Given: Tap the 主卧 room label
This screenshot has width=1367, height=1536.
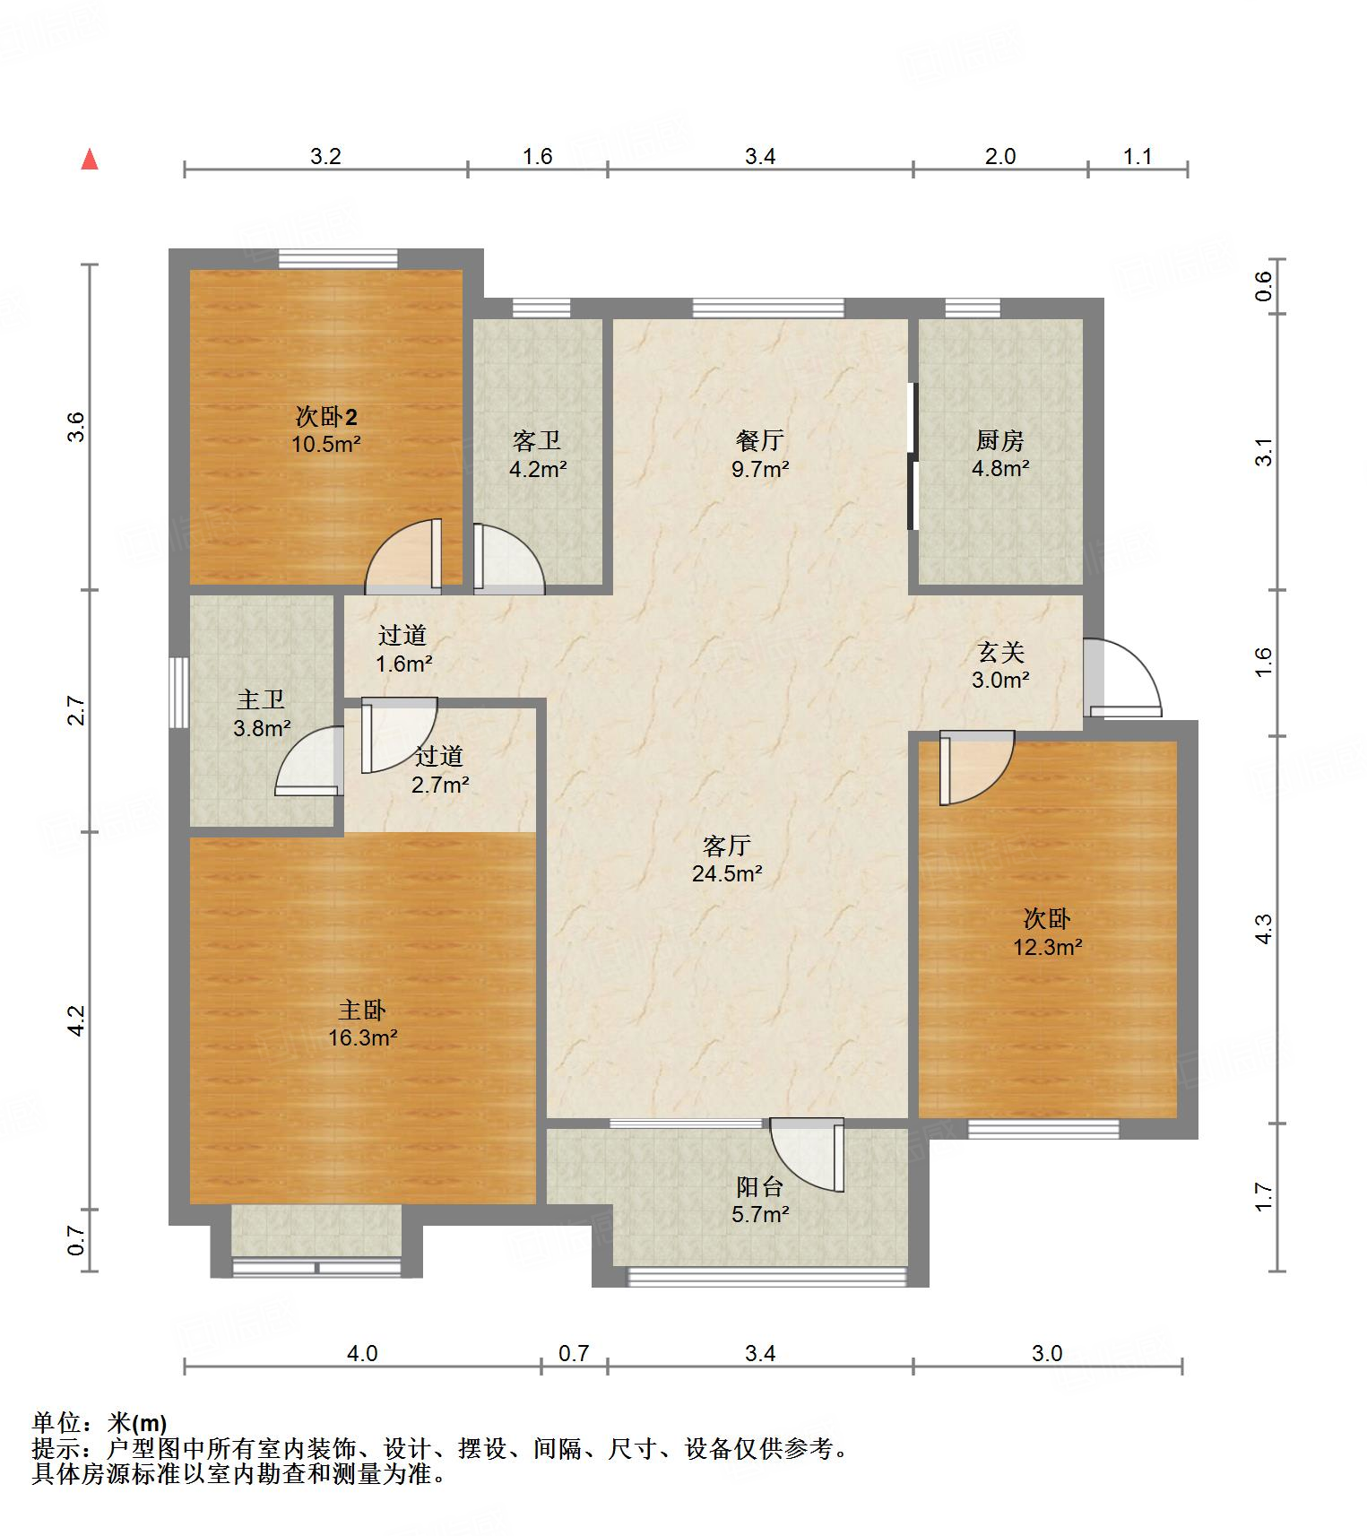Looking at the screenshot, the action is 361,1010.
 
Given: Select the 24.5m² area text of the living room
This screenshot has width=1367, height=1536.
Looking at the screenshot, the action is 727,872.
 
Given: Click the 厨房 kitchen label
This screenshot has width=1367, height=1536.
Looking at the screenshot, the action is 999,440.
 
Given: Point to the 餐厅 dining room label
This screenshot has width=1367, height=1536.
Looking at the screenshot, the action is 759,440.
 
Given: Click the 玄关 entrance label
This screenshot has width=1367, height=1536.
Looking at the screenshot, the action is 1000,652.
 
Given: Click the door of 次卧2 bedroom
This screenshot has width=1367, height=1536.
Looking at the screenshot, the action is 404,556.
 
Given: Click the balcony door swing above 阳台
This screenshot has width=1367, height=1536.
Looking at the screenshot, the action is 807,1154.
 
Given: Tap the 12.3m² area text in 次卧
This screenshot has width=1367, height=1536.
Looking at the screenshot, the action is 1048,946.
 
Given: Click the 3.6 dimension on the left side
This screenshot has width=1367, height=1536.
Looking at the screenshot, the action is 76,426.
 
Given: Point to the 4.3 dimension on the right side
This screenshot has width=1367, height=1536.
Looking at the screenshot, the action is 1263,928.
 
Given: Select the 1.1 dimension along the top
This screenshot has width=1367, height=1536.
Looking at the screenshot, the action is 1138,156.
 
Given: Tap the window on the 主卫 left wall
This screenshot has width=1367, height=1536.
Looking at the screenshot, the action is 179,693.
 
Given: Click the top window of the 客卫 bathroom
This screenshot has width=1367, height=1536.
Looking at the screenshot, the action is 541,308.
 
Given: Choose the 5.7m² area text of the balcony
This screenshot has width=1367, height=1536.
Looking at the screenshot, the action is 760,1214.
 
